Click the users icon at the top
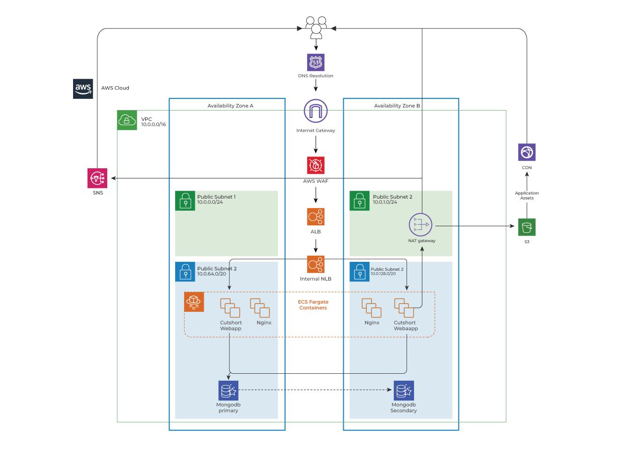point(316,27)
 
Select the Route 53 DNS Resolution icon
point(316,62)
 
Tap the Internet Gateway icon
point(316,111)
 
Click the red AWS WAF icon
point(316,165)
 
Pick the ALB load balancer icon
point(316,217)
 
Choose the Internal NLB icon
point(316,264)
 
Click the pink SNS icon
point(97,178)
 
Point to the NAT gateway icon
point(420,225)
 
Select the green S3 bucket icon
point(527,227)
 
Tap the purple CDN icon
point(527,152)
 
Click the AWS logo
point(83,89)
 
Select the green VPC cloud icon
point(127,120)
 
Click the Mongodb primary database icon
point(229,390)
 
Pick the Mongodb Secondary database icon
point(404,390)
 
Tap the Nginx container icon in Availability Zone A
point(260,308)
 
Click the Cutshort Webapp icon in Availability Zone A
point(230,308)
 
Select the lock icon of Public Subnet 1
point(185,200)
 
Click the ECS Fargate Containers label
point(313,305)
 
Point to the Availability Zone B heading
point(397,106)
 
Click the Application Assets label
point(527,195)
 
